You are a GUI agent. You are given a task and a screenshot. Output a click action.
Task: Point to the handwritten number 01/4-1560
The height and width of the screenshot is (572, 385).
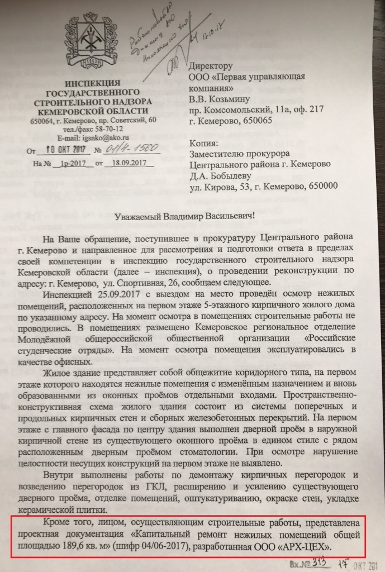[x=130, y=149]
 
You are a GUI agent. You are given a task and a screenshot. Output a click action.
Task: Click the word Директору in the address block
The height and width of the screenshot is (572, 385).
[x=215, y=66]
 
